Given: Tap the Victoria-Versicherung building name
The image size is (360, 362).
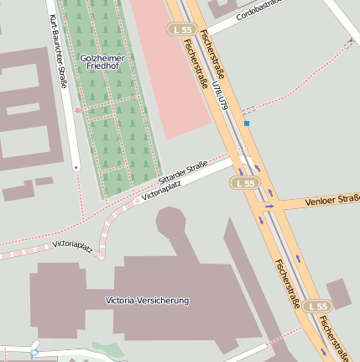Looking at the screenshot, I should coord(147,300).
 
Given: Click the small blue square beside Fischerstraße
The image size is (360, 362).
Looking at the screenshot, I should coord(247,123).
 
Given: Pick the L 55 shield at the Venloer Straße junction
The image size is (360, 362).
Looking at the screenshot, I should coord(245,182).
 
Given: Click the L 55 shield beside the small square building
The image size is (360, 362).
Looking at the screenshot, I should coord(316,307).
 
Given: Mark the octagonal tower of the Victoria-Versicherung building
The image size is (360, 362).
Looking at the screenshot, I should coord(171,223).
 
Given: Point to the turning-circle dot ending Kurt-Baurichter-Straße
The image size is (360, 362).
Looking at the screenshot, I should coord(76,168).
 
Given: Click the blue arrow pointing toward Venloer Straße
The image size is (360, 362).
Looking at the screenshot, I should coord(270,204).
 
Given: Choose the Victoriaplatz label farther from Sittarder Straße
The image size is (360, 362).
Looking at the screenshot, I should coord(72,244).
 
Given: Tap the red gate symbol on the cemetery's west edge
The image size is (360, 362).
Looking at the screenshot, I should coord(78,110).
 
